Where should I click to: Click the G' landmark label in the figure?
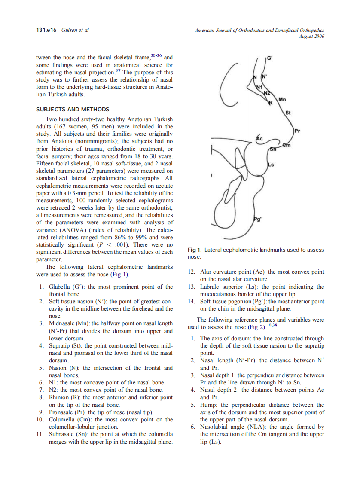click(x=269, y=58)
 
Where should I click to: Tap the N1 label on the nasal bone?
click(x=259, y=87)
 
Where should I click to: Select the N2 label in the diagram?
click(x=266, y=93)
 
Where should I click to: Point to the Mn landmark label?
click(x=282, y=100)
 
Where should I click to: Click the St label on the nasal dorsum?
click(x=288, y=113)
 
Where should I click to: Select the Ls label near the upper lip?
click(x=271, y=164)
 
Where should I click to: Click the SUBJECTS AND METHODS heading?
click(x=73, y=109)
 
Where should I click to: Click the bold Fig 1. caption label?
click(x=195, y=250)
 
